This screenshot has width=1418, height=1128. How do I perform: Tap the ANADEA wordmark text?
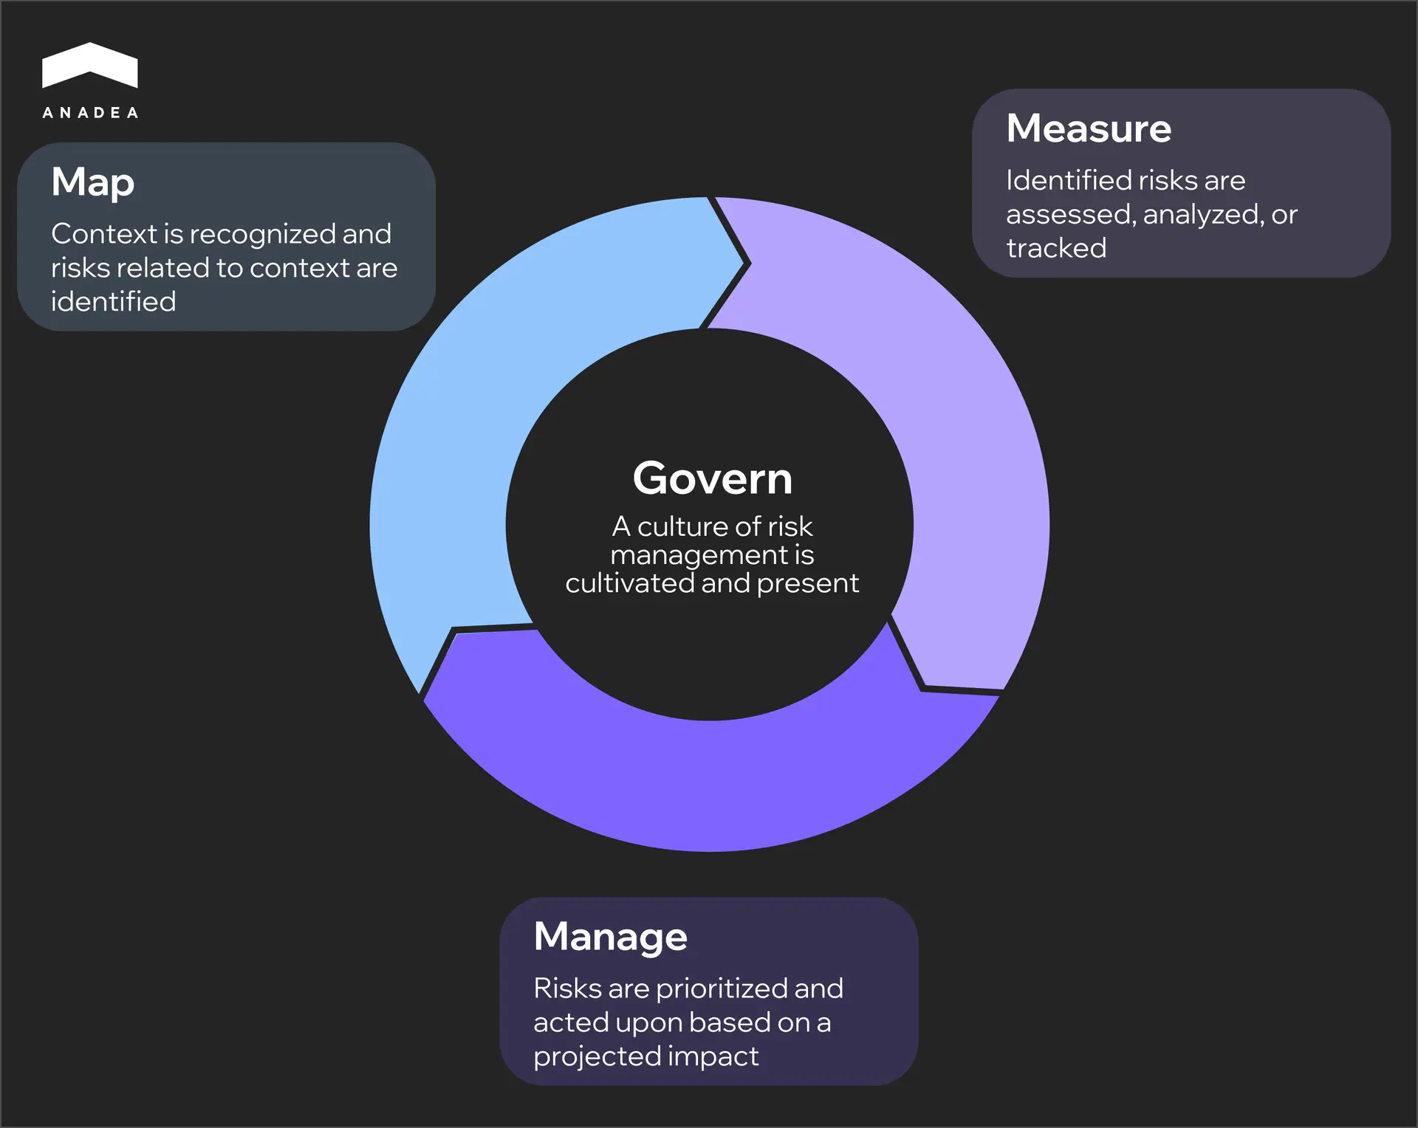(90, 113)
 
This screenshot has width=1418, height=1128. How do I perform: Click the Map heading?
(93, 182)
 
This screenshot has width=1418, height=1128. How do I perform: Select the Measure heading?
(1089, 128)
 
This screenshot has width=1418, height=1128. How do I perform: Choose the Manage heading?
(610, 936)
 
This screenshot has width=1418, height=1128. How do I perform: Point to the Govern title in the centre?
(712, 478)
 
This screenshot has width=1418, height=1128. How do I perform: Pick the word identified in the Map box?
(114, 302)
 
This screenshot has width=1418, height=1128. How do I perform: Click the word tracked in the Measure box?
(1056, 248)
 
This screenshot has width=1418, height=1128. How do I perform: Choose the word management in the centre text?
(699, 555)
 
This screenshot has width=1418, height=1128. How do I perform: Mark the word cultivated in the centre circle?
(629, 583)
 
